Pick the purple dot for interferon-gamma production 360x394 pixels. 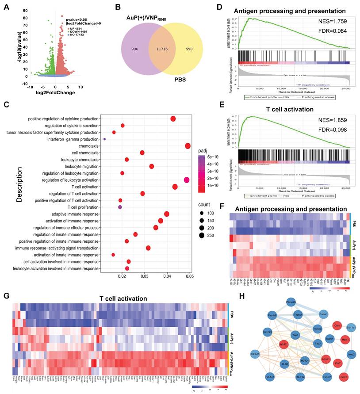[104, 139]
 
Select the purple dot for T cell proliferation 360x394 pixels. [120, 207]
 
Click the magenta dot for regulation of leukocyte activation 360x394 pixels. [186, 180]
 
